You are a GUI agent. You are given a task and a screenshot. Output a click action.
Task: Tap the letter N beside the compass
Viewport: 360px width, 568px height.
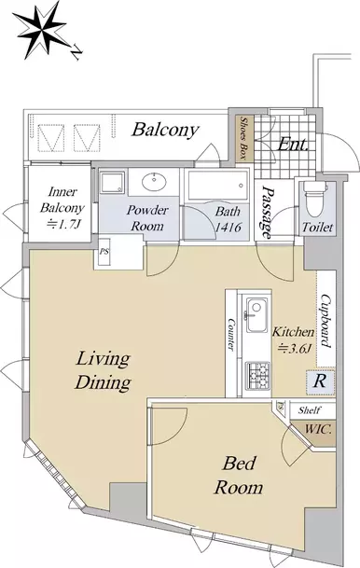pyautogui.click(x=76, y=52)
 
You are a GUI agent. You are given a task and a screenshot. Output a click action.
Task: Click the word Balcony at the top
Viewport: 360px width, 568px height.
pyautogui.click(x=165, y=130)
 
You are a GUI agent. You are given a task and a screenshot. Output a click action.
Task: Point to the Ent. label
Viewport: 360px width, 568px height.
pyautogui.click(x=292, y=145)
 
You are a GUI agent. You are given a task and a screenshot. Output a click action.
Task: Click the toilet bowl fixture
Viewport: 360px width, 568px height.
pyautogui.click(x=314, y=198)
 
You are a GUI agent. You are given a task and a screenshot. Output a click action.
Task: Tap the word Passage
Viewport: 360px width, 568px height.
pyautogui.click(x=268, y=212)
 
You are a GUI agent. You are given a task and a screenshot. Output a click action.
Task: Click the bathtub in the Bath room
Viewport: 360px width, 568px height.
pyautogui.click(x=217, y=185)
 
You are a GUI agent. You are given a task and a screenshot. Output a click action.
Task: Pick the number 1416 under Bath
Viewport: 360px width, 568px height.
pyautogui.click(x=228, y=228)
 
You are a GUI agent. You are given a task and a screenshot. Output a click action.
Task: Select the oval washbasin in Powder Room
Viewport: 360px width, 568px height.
pyautogui.click(x=154, y=181)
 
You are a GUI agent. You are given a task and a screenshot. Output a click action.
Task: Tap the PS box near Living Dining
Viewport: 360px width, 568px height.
pyautogui.click(x=104, y=251)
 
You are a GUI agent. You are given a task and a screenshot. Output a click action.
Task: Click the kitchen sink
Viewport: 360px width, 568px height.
pyautogui.click(x=256, y=313)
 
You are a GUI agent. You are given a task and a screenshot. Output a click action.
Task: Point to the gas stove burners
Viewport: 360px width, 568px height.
pyautogui.click(x=258, y=375)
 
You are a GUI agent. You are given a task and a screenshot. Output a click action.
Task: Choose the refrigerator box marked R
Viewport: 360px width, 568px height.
pyautogui.click(x=320, y=381)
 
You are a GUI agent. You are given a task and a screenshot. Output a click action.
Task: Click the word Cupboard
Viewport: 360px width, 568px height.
pyautogui.click(x=325, y=321)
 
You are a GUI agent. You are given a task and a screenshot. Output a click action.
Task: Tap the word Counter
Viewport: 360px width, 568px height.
pyautogui.click(x=230, y=334)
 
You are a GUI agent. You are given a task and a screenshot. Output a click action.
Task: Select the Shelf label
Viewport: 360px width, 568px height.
pyautogui.click(x=309, y=410)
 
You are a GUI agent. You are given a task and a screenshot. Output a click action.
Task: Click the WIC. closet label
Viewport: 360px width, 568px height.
pyautogui.click(x=318, y=430)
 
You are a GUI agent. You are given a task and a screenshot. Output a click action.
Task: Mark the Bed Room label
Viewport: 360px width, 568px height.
pyautogui.click(x=239, y=476)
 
